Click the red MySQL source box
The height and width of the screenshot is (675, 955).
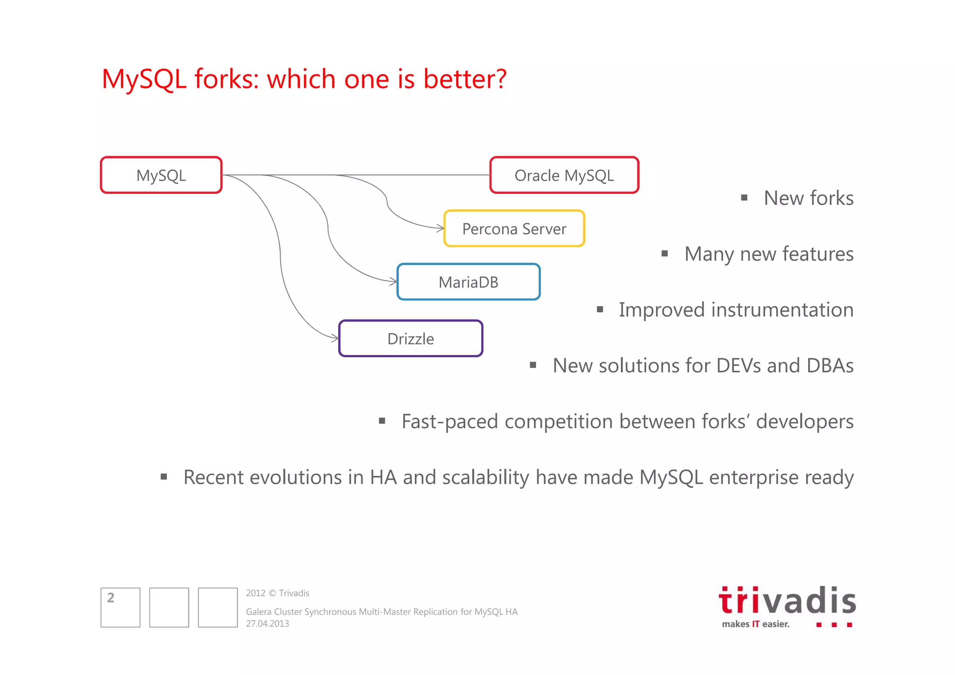(x=161, y=175)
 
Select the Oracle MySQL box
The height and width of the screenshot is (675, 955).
(x=564, y=175)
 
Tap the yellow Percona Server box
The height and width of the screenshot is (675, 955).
(x=514, y=229)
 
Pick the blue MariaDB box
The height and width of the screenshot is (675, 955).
(x=468, y=282)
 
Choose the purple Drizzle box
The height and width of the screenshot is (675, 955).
(x=410, y=339)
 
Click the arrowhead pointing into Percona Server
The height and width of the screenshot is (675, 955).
(x=440, y=228)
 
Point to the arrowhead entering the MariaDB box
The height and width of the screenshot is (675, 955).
(x=393, y=281)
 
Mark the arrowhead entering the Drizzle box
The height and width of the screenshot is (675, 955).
(x=335, y=338)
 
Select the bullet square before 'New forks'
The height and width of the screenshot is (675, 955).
(x=744, y=198)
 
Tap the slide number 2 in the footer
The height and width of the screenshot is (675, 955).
(x=111, y=598)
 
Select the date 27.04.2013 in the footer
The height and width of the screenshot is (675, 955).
(x=267, y=624)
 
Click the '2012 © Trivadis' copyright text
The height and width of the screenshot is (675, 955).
(x=277, y=593)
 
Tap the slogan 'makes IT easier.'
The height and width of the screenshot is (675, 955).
(x=755, y=624)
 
